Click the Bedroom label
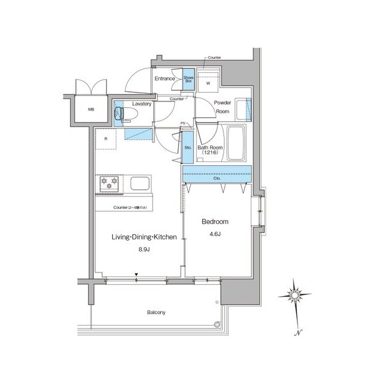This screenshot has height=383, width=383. pyautogui.click(x=214, y=222)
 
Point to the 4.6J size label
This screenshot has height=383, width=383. pyautogui.click(x=214, y=234)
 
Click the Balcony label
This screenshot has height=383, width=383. pyautogui.click(x=156, y=312)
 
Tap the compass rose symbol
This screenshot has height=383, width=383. pyautogui.click(x=295, y=295)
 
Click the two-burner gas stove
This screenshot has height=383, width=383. pyautogui.click(x=109, y=184)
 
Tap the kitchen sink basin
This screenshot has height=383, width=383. pyautogui.click(x=140, y=184)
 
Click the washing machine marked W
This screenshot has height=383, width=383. pyautogui.click(x=208, y=82)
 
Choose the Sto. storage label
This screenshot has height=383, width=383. pyautogui.click(x=188, y=147)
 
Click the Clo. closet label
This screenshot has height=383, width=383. pyautogui.click(x=217, y=178)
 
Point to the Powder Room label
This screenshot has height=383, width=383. pyautogui.click(x=222, y=107)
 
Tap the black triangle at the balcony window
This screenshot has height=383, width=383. pyautogui.click(x=136, y=276)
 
